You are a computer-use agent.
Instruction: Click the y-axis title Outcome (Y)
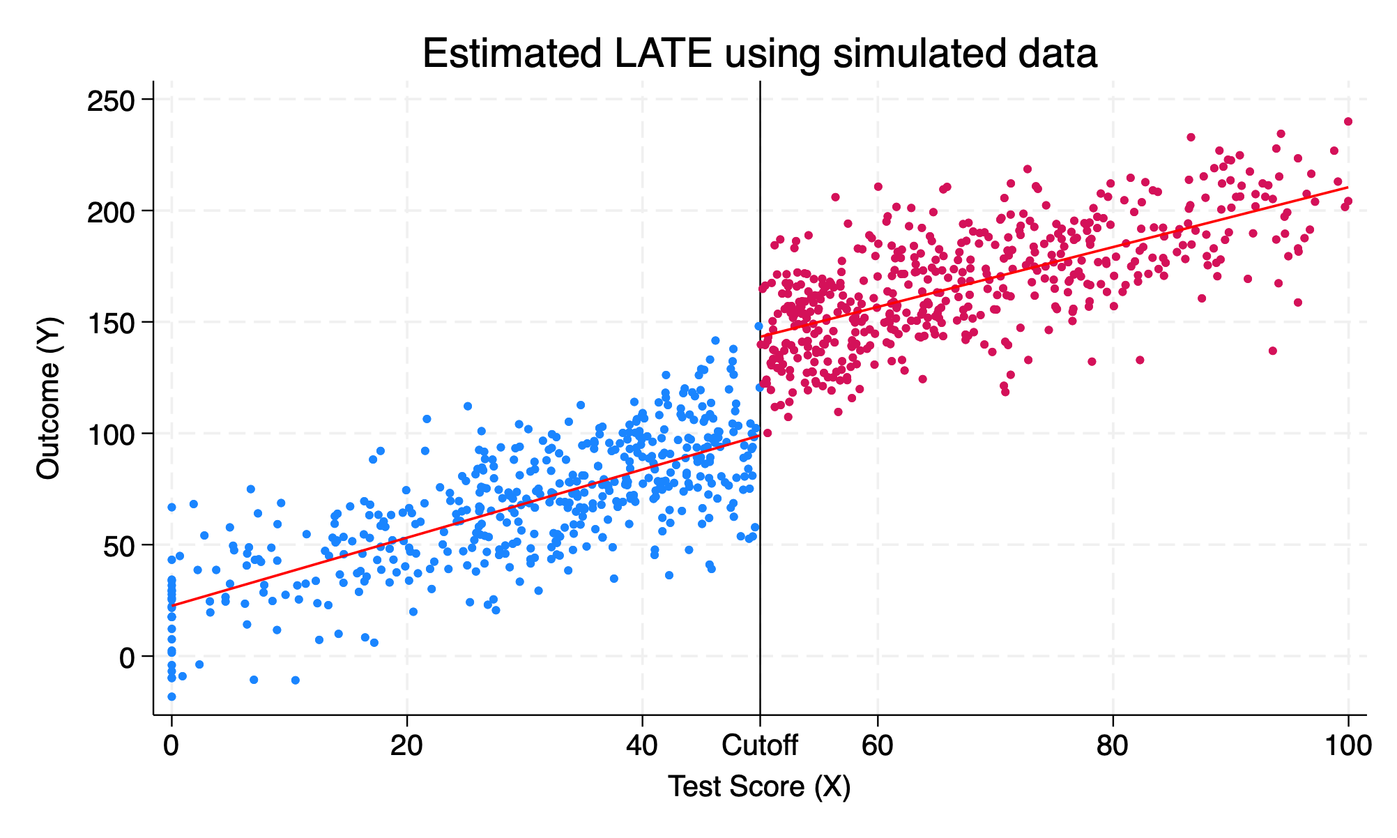(x=49, y=398)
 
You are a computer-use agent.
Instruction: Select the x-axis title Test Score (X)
(x=759, y=786)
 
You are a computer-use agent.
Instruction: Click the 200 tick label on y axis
(x=110, y=211)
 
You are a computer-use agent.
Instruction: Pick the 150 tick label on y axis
(x=110, y=323)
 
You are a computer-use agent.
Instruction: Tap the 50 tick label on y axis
(x=119, y=545)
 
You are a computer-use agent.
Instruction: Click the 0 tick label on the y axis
(x=126, y=657)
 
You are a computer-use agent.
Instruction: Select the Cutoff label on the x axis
(x=759, y=746)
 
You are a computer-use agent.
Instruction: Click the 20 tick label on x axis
(x=406, y=746)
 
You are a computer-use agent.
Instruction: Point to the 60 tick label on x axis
(x=877, y=746)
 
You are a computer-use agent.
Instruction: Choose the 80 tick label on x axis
(x=1113, y=746)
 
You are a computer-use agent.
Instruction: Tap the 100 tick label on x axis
(x=1348, y=746)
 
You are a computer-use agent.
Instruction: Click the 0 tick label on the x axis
(x=171, y=746)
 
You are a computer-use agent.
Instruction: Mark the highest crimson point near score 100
(x=1348, y=121)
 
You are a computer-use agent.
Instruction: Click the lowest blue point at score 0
(x=171, y=696)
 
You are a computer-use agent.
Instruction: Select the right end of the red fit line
(x=1348, y=188)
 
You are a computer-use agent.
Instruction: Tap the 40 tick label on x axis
(x=641, y=746)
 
